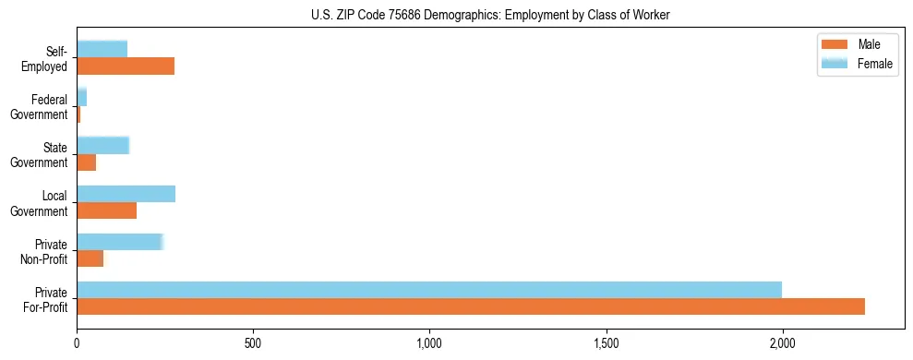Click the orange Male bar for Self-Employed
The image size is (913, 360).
(x=126, y=66)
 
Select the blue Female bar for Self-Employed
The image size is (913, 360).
(x=102, y=49)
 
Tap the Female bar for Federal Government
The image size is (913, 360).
(x=81, y=97)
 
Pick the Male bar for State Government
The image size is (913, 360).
(x=86, y=162)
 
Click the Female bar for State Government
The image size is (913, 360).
(x=102, y=145)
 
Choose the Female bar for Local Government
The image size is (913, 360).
(x=126, y=193)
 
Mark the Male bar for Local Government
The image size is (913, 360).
(x=106, y=210)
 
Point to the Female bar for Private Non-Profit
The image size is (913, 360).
(x=119, y=241)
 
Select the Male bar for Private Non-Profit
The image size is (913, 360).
(x=90, y=258)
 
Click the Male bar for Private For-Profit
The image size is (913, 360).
(x=471, y=306)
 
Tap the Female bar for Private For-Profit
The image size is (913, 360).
(x=429, y=289)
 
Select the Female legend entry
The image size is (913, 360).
(x=859, y=63)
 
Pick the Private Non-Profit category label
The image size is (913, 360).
(x=47, y=250)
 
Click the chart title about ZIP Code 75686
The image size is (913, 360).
(x=490, y=14)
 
